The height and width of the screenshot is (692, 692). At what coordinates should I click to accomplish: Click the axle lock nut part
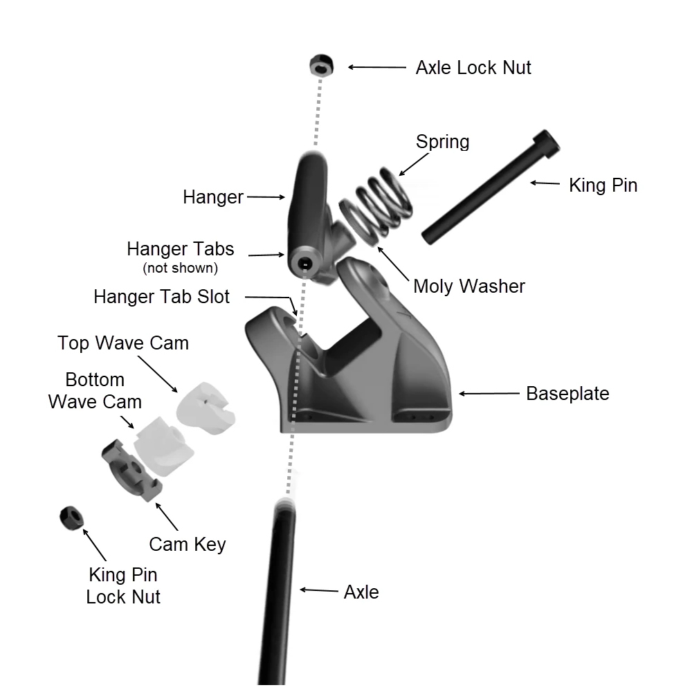(321, 65)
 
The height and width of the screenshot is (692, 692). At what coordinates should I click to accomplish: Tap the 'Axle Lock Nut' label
(473, 68)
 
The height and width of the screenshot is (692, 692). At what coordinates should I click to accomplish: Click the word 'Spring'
(442, 142)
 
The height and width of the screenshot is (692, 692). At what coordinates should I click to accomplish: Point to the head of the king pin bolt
(547, 143)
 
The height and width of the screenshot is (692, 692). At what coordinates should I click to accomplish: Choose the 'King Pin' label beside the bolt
(603, 185)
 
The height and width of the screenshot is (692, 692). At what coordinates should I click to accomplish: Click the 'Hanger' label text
(213, 197)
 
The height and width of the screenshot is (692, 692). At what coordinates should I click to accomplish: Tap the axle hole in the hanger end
(304, 264)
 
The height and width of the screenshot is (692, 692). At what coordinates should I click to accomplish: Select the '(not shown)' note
(180, 268)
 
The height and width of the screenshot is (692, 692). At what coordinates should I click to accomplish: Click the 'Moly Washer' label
(469, 286)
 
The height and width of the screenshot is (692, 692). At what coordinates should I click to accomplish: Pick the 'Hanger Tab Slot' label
(161, 297)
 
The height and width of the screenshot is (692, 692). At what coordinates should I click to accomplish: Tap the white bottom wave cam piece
(164, 446)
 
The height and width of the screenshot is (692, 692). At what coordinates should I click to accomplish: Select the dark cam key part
(131, 470)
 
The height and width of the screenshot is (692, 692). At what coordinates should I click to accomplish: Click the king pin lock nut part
(71, 518)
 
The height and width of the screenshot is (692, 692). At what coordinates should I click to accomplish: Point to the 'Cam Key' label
(187, 544)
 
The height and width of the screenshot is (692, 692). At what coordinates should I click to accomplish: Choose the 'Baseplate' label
(567, 393)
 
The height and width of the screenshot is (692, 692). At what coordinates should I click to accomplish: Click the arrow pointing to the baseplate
(489, 393)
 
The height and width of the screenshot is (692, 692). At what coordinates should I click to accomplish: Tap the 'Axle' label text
(361, 592)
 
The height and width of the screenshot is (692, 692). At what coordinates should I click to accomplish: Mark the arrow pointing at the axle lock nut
(377, 67)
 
